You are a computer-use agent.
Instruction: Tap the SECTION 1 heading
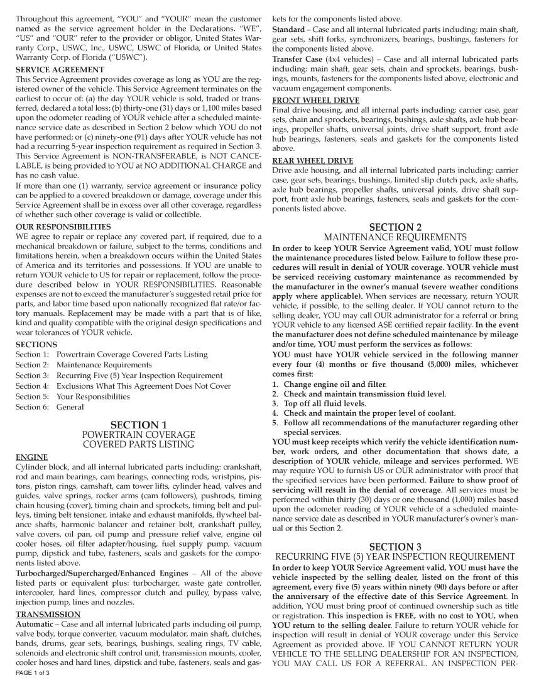tap(139, 425)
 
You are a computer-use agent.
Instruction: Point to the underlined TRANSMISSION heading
tap(48, 614)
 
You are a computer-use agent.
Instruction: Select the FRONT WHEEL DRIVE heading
tap(315, 100)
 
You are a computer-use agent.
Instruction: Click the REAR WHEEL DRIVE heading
tap(313, 160)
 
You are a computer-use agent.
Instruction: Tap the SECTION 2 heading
tap(395, 227)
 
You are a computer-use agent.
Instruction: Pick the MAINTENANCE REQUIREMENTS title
tap(395, 237)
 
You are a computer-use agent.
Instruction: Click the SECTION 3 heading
tap(395, 546)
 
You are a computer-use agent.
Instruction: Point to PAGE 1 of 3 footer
tap(33, 673)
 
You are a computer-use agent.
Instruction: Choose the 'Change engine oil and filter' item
tap(334, 384)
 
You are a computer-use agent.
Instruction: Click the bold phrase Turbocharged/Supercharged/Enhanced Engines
tap(101, 573)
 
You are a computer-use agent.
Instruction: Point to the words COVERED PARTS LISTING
tap(139, 445)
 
